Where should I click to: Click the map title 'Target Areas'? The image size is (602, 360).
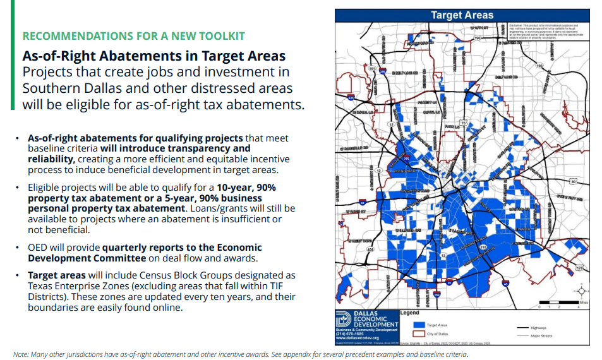coord(462,15)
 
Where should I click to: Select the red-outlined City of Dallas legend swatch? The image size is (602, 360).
coord(416,333)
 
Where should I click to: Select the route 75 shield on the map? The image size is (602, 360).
coord(462,123)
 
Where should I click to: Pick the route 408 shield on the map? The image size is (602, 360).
coord(370,249)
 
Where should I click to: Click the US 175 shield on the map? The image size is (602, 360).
coord(578,268)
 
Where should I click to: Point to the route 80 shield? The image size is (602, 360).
coord(572,182)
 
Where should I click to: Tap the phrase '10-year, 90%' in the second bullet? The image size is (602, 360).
coord(246,188)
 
